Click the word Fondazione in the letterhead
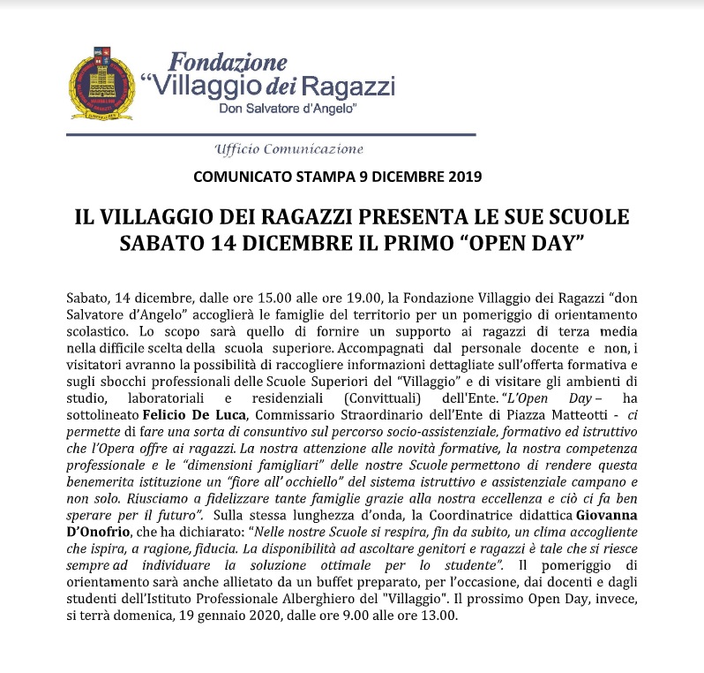[228, 62]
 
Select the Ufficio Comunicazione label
[288, 148]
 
